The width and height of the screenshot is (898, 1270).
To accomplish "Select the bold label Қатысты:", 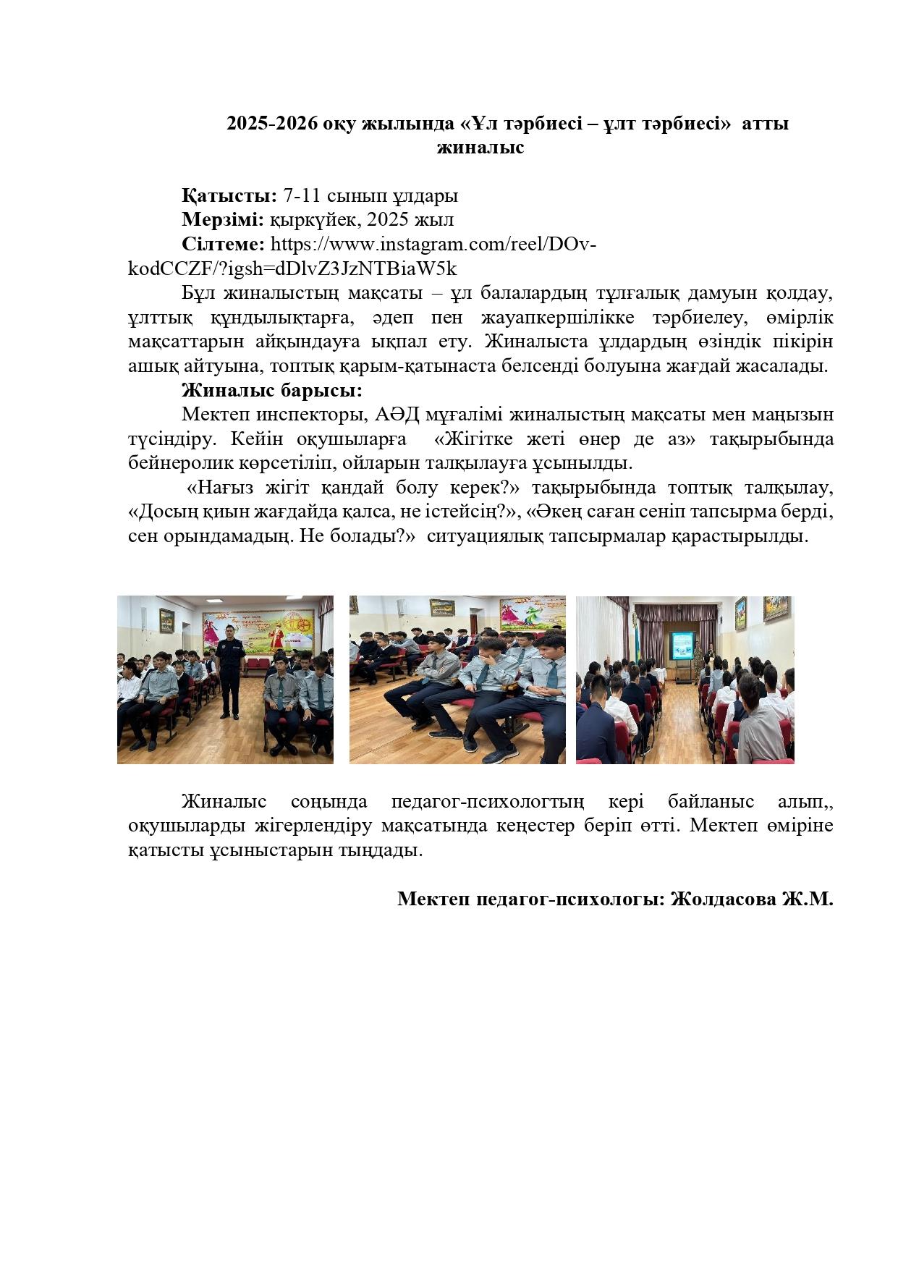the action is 229,195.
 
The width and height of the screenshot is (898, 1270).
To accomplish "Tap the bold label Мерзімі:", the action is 223,220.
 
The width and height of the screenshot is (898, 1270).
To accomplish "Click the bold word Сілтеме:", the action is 223,245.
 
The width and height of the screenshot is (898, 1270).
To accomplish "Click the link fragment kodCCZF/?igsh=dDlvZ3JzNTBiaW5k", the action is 292,269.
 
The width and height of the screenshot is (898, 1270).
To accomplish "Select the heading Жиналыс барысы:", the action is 271,391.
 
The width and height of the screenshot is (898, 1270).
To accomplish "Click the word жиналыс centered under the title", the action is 480,148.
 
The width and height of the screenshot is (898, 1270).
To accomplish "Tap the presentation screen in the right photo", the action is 682,645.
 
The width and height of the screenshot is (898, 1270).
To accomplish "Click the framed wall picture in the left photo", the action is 166,620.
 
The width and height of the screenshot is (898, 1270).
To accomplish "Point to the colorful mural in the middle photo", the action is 532,614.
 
